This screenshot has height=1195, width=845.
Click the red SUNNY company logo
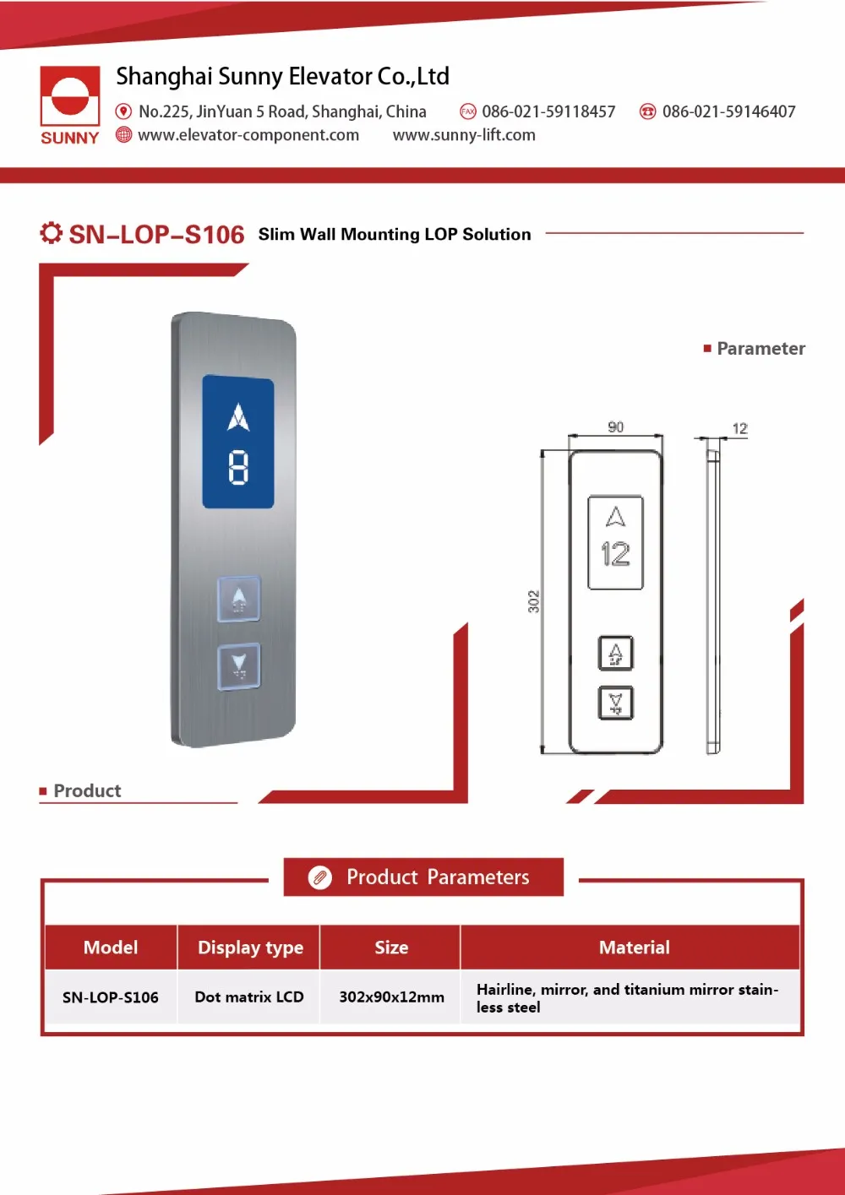(70, 105)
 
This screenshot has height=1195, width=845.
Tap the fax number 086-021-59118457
(548, 111)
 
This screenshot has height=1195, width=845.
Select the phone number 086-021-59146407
(728, 111)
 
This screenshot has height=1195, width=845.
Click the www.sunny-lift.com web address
(464, 135)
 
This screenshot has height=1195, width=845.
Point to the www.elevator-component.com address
(248, 135)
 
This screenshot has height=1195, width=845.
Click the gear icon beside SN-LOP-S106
(51, 233)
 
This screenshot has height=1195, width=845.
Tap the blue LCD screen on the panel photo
(238, 443)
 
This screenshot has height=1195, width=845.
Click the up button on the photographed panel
(239, 599)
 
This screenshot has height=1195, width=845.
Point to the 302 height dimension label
(533, 601)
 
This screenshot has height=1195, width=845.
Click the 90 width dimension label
(616, 427)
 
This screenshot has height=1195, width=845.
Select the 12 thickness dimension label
(739, 429)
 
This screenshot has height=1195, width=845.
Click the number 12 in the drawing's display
(615, 554)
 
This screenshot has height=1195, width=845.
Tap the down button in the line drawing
(615, 703)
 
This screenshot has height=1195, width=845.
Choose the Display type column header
(250, 948)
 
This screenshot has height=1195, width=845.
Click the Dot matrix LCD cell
(249, 997)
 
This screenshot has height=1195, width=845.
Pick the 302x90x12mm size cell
(391, 997)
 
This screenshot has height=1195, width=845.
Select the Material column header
(634, 948)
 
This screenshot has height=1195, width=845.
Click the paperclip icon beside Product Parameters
(320, 877)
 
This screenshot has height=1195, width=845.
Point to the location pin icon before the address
(123, 111)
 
